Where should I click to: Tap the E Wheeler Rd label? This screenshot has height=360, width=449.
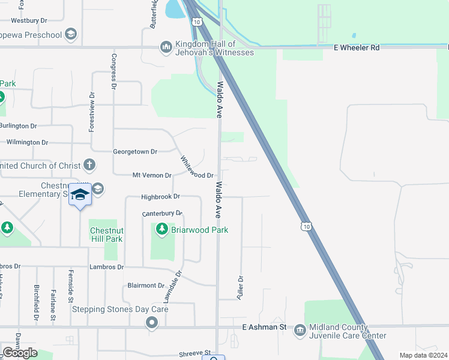click(x=357, y=47)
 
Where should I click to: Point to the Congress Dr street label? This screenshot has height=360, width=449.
click(x=113, y=71)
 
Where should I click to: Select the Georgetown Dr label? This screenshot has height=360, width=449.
click(x=135, y=152)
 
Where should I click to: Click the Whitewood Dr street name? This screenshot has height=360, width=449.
click(x=197, y=167)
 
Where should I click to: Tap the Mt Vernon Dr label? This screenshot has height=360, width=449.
click(x=151, y=175)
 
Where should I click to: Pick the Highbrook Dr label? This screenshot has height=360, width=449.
click(x=160, y=196)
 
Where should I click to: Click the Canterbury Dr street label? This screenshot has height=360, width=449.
click(x=162, y=213)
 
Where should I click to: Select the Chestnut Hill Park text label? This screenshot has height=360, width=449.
click(x=106, y=235)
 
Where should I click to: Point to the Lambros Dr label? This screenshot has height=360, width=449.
click(x=106, y=266)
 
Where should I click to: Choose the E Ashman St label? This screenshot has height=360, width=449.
click(x=264, y=327)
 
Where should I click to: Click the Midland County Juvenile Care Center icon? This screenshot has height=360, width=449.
click(x=300, y=331)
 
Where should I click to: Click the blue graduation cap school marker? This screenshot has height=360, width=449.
click(x=80, y=194)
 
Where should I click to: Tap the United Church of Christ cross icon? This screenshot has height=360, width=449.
click(x=89, y=165)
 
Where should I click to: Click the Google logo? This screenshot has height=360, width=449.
click(x=20, y=353)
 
